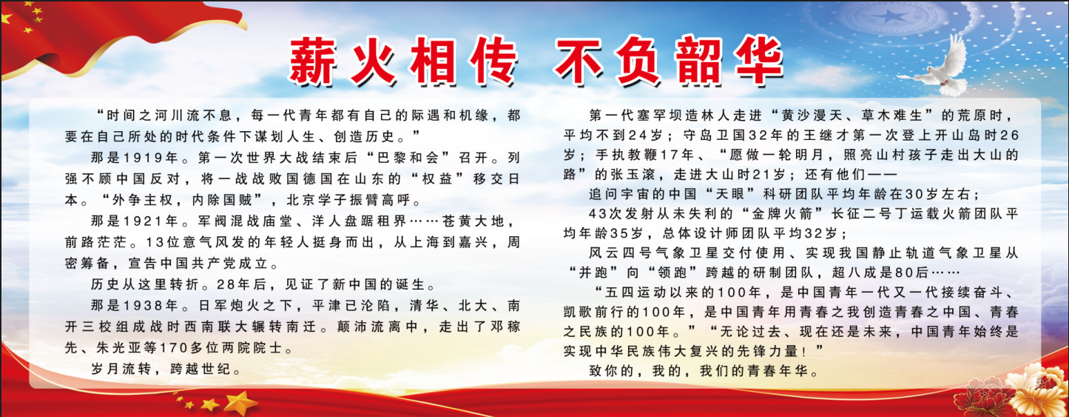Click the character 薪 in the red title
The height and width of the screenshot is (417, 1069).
(313, 61)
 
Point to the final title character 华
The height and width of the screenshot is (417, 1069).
(760, 61)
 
